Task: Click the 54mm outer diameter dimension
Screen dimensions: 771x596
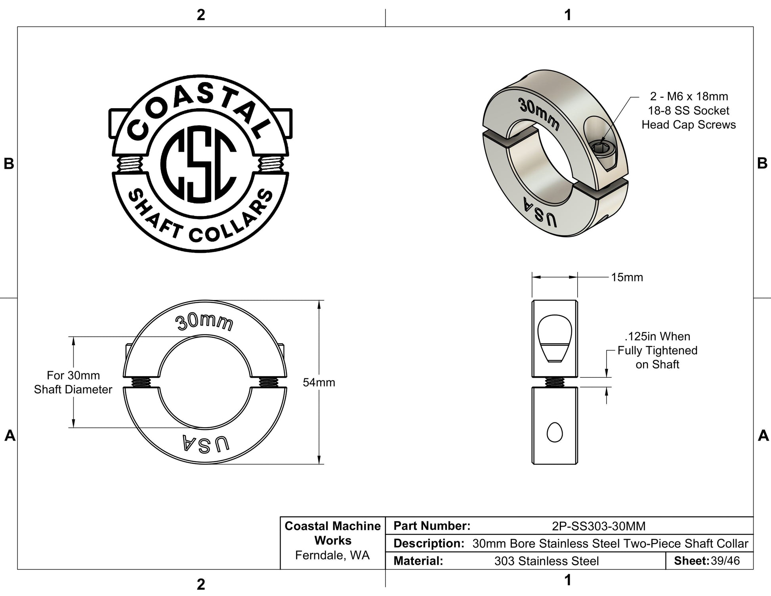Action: coord(319,382)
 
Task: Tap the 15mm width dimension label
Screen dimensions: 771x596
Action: coord(627,277)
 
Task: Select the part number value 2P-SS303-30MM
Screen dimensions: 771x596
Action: coord(599,526)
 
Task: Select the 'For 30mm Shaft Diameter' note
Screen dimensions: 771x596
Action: coord(73,382)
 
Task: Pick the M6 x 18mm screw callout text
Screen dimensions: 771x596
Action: coord(689,111)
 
